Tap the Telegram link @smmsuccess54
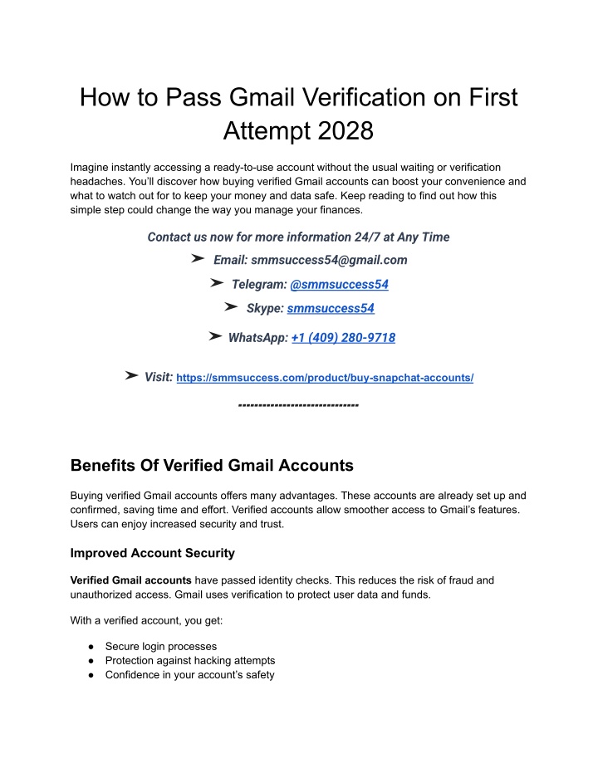[x=339, y=284]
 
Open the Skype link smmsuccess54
[x=330, y=308]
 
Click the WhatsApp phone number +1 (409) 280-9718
[x=343, y=337]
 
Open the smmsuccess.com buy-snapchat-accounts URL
[x=326, y=378]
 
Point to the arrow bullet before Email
[x=198, y=259]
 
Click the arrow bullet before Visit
[x=131, y=376]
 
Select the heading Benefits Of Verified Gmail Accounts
[x=213, y=465]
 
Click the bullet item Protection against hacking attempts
[x=190, y=660]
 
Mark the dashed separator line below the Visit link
[x=298, y=405]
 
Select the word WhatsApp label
[x=257, y=337]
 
